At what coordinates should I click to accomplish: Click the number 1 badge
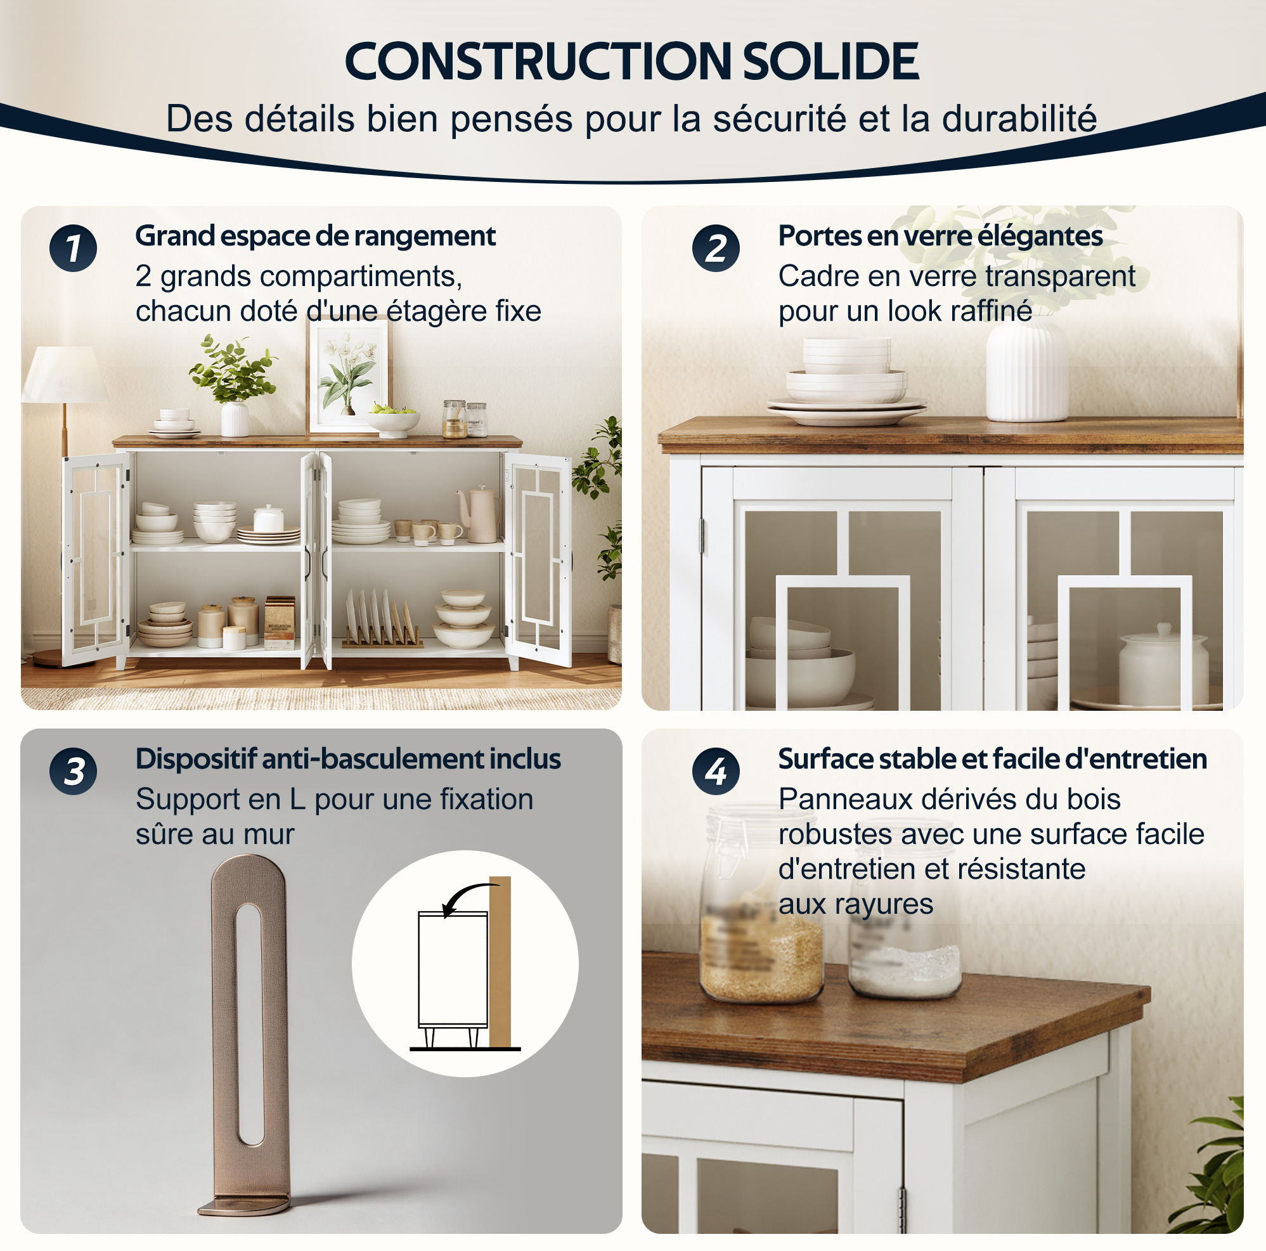[x=73, y=249]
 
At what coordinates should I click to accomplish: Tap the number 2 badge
[x=716, y=249]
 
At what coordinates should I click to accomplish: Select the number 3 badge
[x=73, y=771]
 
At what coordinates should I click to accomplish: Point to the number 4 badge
[x=716, y=771]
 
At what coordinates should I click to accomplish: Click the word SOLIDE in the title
[x=830, y=62]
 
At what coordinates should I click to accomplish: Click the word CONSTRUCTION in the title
[x=538, y=62]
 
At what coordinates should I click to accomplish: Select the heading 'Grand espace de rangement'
[x=315, y=236]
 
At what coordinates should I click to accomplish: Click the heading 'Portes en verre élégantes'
[x=940, y=236]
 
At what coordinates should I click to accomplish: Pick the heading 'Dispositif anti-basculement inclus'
[x=348, y=759]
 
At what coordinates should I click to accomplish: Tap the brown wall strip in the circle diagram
[x=500, y=962]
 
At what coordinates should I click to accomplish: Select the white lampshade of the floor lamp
[x=65, y=374]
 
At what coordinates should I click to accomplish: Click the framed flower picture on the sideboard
[x=349, y=376]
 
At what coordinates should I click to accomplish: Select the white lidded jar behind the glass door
[x=1163, y=665]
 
